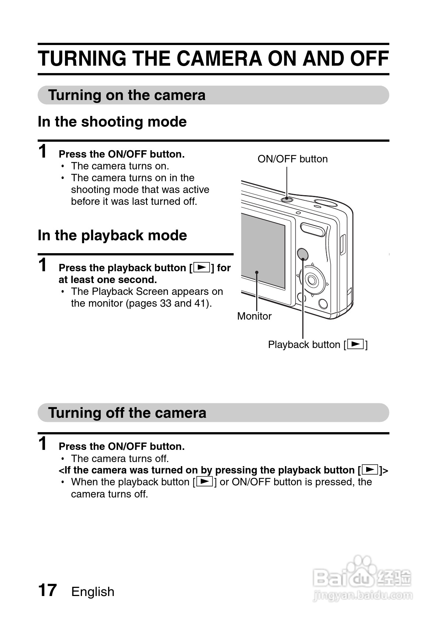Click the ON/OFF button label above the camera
tap(292, 159)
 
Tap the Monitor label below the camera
tap(254, 316)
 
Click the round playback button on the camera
tap(303, 254)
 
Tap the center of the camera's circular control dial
tap(312, 279)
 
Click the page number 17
tap(47, 590)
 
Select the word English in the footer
tap(93, 592)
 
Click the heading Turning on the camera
tap(127, 95)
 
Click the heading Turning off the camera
tap(127, 413)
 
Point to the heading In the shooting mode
tap(112, 122)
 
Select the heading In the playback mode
tap(112, 235)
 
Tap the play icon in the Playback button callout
tap(355, 344)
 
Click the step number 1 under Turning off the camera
tap(43, 443)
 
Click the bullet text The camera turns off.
tap(120, 459)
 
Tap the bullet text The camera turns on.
tap(120, 166)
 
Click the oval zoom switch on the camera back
tap(312, 230)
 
